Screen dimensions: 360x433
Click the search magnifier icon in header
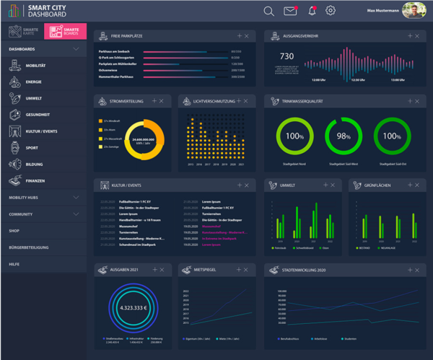268,11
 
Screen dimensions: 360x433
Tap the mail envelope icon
290,11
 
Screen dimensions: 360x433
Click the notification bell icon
312,11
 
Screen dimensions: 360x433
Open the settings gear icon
331,11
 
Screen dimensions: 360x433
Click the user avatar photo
414,11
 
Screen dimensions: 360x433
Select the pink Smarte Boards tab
66,31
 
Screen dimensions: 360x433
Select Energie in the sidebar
35,82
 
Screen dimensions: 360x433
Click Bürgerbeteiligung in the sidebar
29,247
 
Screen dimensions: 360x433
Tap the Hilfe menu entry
14,264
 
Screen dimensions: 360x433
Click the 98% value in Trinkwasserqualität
344,136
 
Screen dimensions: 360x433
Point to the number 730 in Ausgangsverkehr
287,56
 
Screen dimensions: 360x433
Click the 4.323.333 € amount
133,307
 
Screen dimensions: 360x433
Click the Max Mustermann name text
382,11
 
